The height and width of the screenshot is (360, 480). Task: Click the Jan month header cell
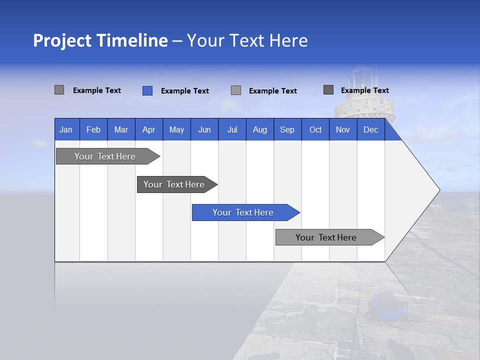66,129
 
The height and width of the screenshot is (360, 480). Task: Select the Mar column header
121,129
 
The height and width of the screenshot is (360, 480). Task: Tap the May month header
176,129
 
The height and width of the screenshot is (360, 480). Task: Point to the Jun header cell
204,129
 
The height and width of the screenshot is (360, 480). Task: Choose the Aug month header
259,129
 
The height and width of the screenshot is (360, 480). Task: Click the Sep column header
287,129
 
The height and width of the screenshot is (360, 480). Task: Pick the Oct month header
315,129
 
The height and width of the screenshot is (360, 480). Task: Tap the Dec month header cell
370,129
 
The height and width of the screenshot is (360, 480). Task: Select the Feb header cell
93,129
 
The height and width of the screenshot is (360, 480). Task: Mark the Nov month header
343,129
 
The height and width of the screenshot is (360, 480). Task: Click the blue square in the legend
147,90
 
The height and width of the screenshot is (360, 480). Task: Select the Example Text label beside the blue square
184,91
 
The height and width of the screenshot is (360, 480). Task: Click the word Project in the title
62,40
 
